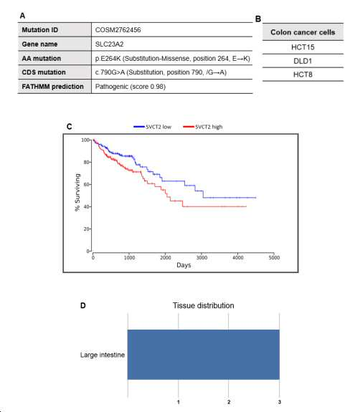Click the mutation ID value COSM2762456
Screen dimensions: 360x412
[x=118, y=30]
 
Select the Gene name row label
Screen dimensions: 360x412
[x=39, y=44]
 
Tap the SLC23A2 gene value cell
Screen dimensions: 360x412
[x=109, y=44]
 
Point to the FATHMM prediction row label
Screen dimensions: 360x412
[x=52, y=87]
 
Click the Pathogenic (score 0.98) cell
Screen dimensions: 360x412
[x=131, y=87]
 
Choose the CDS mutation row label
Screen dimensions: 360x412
[x=44, y=72]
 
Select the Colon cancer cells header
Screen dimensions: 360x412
[x=303, y=32]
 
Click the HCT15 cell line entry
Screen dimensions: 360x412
[x=303, y=47]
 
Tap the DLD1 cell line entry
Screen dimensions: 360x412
[x=303, y=61]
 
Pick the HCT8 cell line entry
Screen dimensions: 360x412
[x=303, y=75]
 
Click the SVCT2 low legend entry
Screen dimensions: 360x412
[x=153, y=127]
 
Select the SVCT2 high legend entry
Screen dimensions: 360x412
[x=203, y=127]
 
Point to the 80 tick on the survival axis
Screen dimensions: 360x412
[x=87, y=162]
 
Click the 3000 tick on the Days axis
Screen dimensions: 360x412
[x=202, y=257]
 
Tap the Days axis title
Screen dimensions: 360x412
[x=184, y=265]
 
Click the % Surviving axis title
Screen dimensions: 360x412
[x=77, y=192]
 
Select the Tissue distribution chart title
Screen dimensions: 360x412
[x=203, y=305]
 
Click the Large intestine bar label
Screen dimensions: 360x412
[x=103, y=355]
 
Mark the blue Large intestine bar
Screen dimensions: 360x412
[x=204, y=355]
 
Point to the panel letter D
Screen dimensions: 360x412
[x=83, y=305]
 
